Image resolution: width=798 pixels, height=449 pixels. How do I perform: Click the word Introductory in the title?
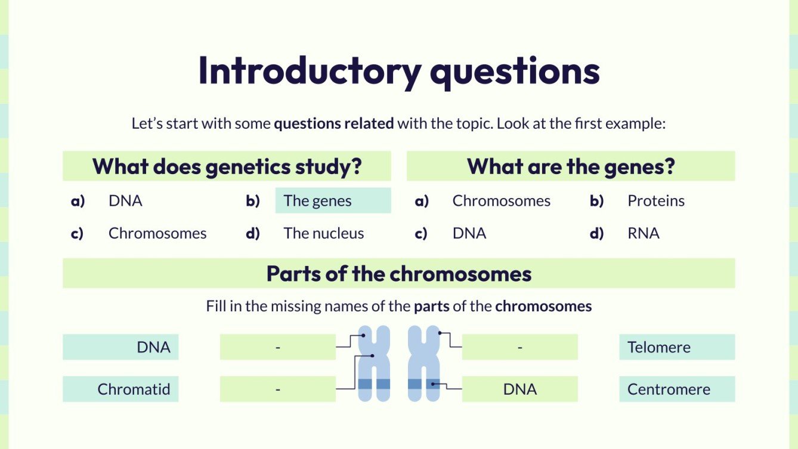pos(310,71)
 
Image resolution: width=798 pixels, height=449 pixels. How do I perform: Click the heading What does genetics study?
pos(227,166)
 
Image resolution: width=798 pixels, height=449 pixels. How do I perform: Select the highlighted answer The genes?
pos(332,201)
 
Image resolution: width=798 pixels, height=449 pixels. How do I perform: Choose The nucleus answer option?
pos(323,233)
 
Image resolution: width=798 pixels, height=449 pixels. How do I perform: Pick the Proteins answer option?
pos(655,201)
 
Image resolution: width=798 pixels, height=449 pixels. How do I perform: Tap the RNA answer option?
pos(643,233)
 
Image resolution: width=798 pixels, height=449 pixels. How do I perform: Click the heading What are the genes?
pos(570,166)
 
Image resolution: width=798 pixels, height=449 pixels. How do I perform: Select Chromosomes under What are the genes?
pos(501,201)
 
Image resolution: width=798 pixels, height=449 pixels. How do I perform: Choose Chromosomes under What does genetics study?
pos(157,233)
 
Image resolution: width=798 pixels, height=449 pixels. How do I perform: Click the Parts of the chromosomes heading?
pos(398,274)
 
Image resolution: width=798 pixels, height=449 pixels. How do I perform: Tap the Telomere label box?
pos(676,347)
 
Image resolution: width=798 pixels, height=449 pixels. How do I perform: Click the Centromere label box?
pos(676,389)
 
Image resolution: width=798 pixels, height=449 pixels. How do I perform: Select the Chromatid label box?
pos(120,389)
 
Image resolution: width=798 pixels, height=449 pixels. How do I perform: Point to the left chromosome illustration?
pos(374,364)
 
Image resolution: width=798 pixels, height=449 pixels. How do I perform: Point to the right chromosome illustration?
pos(424,364)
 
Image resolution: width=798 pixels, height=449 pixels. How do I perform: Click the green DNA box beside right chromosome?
pos(519,389)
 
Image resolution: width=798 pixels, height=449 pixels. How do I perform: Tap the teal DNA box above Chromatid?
pos(120,347)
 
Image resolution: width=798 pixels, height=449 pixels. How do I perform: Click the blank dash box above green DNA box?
pos(519,347)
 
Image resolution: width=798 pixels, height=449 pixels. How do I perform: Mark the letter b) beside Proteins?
pos(596,201)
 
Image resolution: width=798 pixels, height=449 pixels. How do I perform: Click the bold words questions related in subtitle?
pos(333,124)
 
